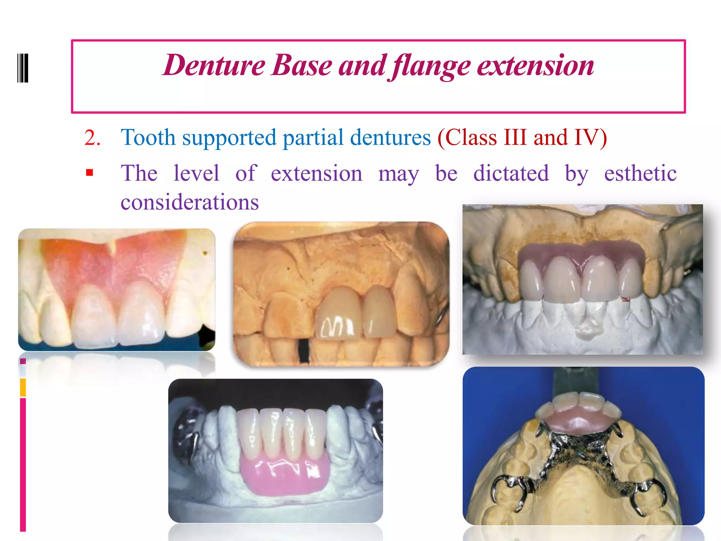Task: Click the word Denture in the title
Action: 214,66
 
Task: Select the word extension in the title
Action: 535,66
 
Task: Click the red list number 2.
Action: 92,138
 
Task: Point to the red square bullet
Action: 89,173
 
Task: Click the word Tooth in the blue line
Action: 148,137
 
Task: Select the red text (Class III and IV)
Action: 522,137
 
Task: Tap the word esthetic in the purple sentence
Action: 640,173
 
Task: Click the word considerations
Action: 190,202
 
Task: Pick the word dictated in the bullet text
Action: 511,173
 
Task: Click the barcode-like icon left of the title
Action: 23,68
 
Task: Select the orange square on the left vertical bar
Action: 23,387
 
